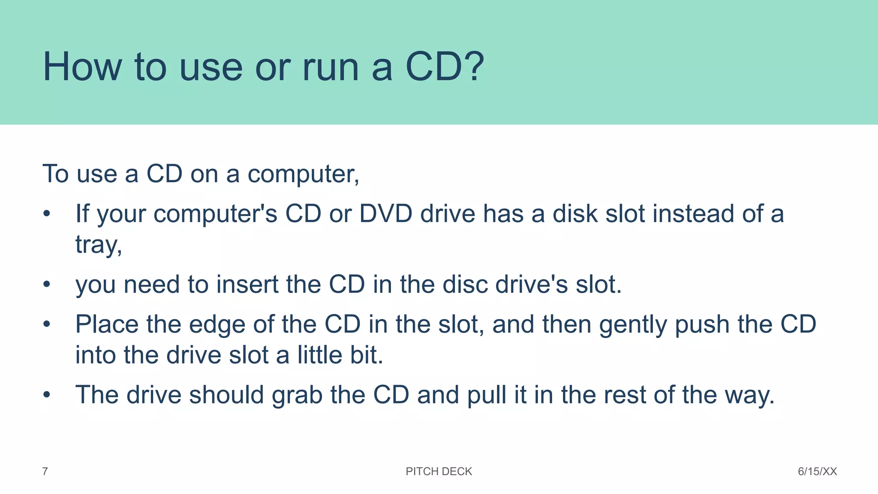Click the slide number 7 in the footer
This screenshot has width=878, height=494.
coord(45,472)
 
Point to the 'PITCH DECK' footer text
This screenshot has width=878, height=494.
coord(439,472)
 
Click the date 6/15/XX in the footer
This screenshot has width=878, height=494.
coord(817,472)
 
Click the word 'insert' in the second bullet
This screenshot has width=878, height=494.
coord(247,284)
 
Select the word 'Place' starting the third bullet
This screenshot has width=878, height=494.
coord(107,324)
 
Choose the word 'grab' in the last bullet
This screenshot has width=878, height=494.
coord(297,395)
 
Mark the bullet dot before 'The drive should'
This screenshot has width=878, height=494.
coord(47,395)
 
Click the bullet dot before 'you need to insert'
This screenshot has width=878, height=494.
coord(47,284)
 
